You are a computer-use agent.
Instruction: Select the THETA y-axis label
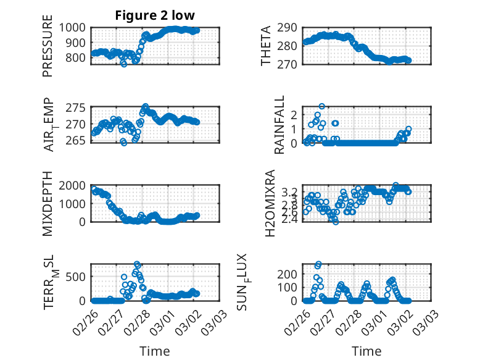[266, 46]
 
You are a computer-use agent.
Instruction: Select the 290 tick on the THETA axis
[292, 28]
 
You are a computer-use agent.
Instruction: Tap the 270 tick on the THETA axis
[292, 64]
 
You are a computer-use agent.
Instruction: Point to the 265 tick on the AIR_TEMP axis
[79, 140]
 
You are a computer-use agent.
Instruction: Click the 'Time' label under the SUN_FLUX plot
[366, 351]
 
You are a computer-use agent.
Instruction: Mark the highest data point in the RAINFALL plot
[321, 106]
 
